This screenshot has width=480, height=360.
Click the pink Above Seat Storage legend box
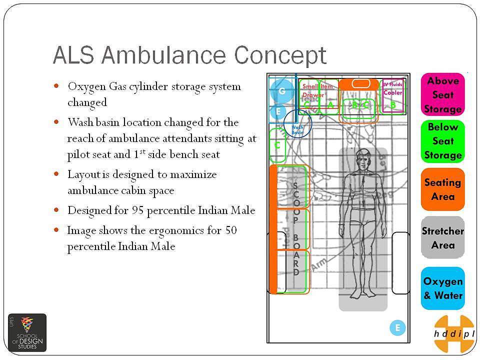coord(443,94)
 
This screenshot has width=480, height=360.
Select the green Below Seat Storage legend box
coord(443,141)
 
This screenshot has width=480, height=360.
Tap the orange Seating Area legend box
coord(443,189)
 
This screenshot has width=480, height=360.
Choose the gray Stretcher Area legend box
coord(443,237)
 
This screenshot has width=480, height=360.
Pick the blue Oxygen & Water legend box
coord(443,288)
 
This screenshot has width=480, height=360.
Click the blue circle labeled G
coord(281,91)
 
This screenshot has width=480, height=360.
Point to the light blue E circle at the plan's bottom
coord(397,328)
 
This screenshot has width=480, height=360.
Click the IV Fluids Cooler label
coord(392,89)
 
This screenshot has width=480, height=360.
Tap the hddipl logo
coord(454,333)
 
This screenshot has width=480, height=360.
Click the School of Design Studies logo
coord(27,332)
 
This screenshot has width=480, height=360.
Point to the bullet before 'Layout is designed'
coord(57,174)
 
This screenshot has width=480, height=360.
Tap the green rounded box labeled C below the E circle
coord(277,145)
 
